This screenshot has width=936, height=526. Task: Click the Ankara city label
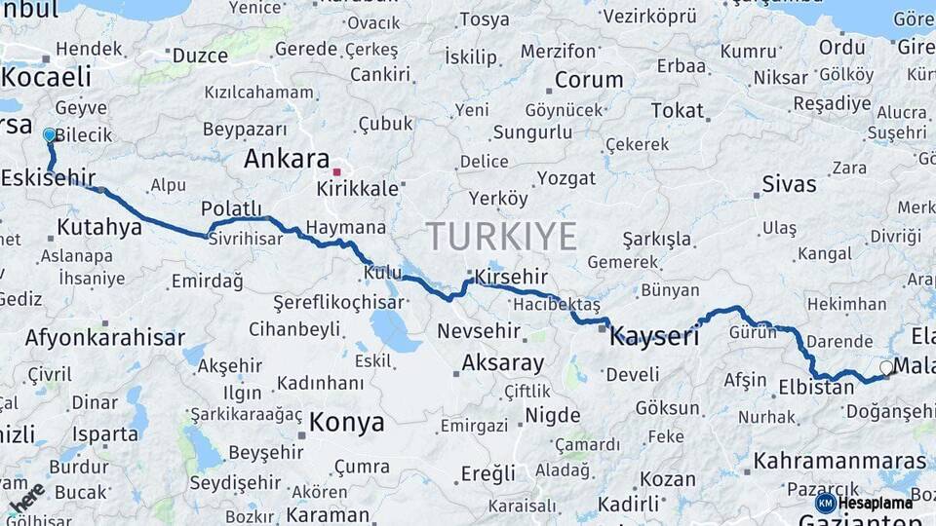[287, 159]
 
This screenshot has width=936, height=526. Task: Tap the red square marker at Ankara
[336, 172]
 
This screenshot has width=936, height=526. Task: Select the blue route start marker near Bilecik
[50, 135]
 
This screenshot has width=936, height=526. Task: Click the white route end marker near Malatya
[885, 368]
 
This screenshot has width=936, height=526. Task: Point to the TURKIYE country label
[501, 237]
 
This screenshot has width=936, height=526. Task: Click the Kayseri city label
[654, 338]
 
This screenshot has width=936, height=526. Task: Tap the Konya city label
[346, 423]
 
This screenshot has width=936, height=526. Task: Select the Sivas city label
[789, 184]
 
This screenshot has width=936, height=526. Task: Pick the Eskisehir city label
[48, 177]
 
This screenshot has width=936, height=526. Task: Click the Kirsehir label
[512, 278]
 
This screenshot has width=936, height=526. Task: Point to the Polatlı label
[232, 208]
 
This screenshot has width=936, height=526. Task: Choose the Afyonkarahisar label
[104, 338]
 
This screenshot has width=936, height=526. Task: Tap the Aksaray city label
[502, 363]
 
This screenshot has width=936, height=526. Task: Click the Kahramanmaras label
[839, 461]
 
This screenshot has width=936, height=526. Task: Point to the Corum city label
[589, 80]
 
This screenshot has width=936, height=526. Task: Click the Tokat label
[677, 111]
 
